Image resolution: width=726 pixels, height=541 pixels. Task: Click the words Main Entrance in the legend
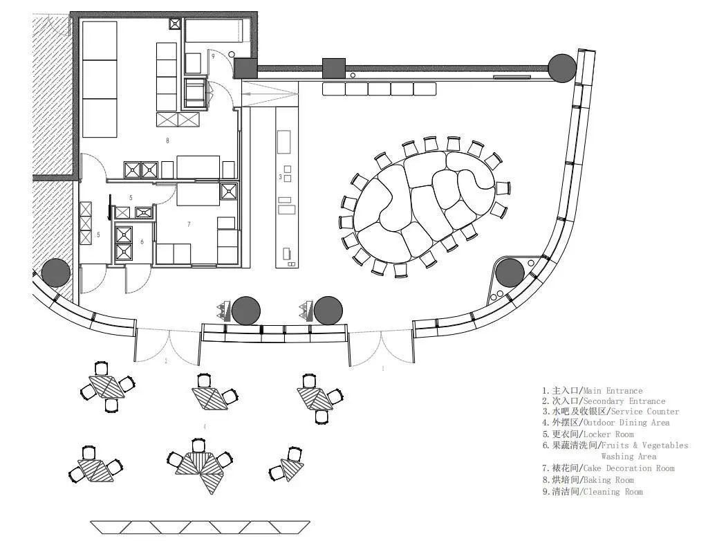pyautogui.click(x=613, y=391)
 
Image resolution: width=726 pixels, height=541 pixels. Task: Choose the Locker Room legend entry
pyautogui.click(x=605, y=434)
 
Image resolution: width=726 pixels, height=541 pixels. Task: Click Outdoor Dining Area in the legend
pyautogui.click(x=626, y=423)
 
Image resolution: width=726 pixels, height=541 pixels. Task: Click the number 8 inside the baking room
pyautogui.click(x=167, y=140)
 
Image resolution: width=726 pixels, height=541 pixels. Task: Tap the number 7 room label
pyautogui.click(x=189, y=224)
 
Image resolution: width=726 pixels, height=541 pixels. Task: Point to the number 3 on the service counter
pyautogui.click(x=280, y=178)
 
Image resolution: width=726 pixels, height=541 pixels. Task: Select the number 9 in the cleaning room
pyautogui.click(x=213, y=56)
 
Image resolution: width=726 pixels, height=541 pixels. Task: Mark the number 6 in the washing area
pyautogui.click(x=142, y=241)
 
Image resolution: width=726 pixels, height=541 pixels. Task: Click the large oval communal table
pyautogui.click(x=425, y=206)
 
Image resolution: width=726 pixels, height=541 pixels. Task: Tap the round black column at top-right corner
pyautogui.click(x=561, y=68)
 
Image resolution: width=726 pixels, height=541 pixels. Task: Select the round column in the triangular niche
pyautogui.click(x=510, y=273)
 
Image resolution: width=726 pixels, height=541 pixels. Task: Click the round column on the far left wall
pyautogui.click(x=55, y=273)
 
